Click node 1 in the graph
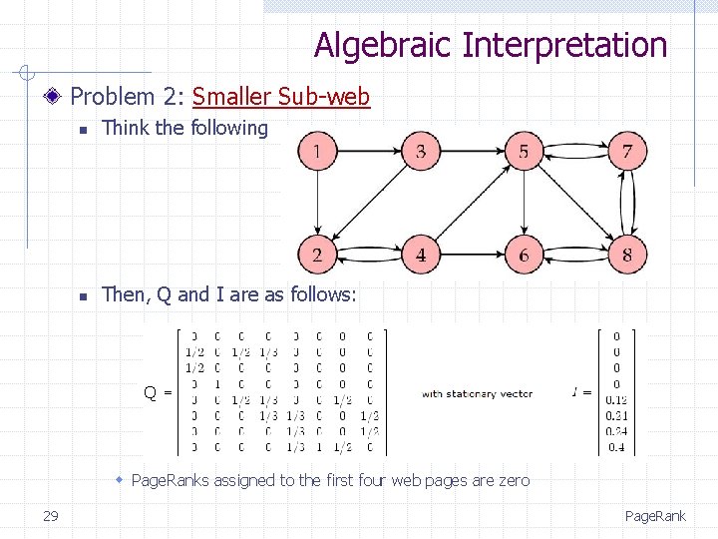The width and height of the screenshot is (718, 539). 317,152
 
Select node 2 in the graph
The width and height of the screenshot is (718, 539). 317,255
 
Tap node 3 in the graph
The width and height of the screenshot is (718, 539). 421,152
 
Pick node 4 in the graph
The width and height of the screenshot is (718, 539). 421,255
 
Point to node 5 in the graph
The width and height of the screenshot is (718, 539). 524,152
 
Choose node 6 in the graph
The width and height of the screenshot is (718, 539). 524,255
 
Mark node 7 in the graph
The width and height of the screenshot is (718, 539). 627,152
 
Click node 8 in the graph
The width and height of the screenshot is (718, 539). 627,255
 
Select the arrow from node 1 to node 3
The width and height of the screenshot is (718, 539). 369,152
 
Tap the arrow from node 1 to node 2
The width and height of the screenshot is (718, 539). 317,204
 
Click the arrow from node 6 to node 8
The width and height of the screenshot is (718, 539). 575,255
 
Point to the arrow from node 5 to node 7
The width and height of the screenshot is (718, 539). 575,152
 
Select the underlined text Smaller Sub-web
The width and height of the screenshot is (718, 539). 281,97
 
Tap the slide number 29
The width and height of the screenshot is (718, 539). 51,515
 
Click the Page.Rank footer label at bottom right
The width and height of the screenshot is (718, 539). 655,516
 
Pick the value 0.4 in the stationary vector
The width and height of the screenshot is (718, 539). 616,446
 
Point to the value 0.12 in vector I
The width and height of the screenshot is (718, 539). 616,400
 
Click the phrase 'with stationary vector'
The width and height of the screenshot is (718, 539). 477,393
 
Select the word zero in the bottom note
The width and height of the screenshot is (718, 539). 513,480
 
